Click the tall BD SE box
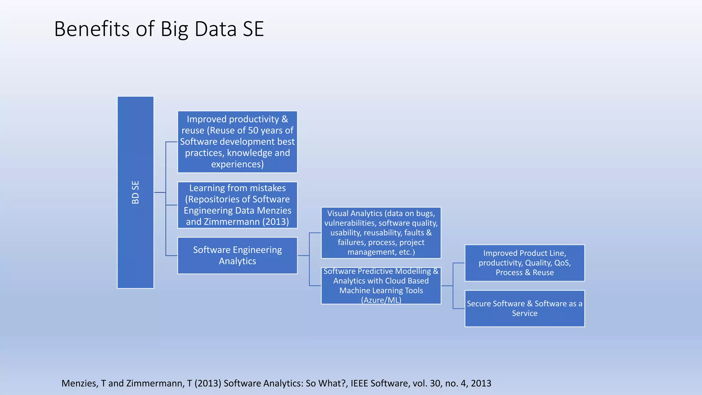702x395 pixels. (x=135, y=192)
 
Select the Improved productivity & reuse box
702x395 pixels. (x=237, y=142)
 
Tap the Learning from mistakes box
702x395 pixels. (x=237, y=205)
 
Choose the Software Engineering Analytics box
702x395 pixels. (x=237, y=255)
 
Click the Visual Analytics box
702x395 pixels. (x=381, y=232)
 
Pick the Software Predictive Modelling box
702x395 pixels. (x=381, y=286)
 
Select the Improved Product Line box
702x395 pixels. (x=524, y=263)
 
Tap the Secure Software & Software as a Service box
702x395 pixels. (x=524, y=308)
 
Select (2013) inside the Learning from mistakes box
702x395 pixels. (x=276, y=222)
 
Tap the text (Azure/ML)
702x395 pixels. (x=381, y=300)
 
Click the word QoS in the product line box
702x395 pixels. (x=562, y=263)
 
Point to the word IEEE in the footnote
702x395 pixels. (x=359, y=383)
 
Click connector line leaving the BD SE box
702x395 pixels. (x=159, y=192)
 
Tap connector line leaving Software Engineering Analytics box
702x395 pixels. (x=303, y=255)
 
